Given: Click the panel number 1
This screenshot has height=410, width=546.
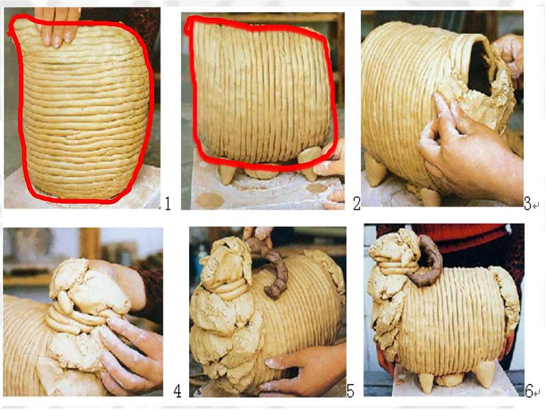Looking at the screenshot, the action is pyautogui.click(x=168, y=204).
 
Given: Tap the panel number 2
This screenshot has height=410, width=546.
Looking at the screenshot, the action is pyautogui.click(x=357, y=204).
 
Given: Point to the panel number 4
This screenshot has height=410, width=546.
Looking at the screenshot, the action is pyautogui.click(x=177, y=391).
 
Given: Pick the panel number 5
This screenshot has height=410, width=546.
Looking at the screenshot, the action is pyautogui.click(x=350, y=391).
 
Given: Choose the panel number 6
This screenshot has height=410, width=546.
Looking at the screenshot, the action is pyautogui.click(x=529, y=391).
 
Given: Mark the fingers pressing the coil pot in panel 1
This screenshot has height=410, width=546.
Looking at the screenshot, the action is pyautogui.click(x=58, y=27).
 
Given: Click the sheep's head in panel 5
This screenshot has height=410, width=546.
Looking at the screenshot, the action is pyautogui.click(x=226, y=265).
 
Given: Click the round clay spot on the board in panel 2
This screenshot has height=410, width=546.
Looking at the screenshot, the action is pyautogui.click(x=209, y=201).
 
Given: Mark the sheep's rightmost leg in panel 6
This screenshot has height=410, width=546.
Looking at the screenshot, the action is pyautogui.click(x=485, y=374).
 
